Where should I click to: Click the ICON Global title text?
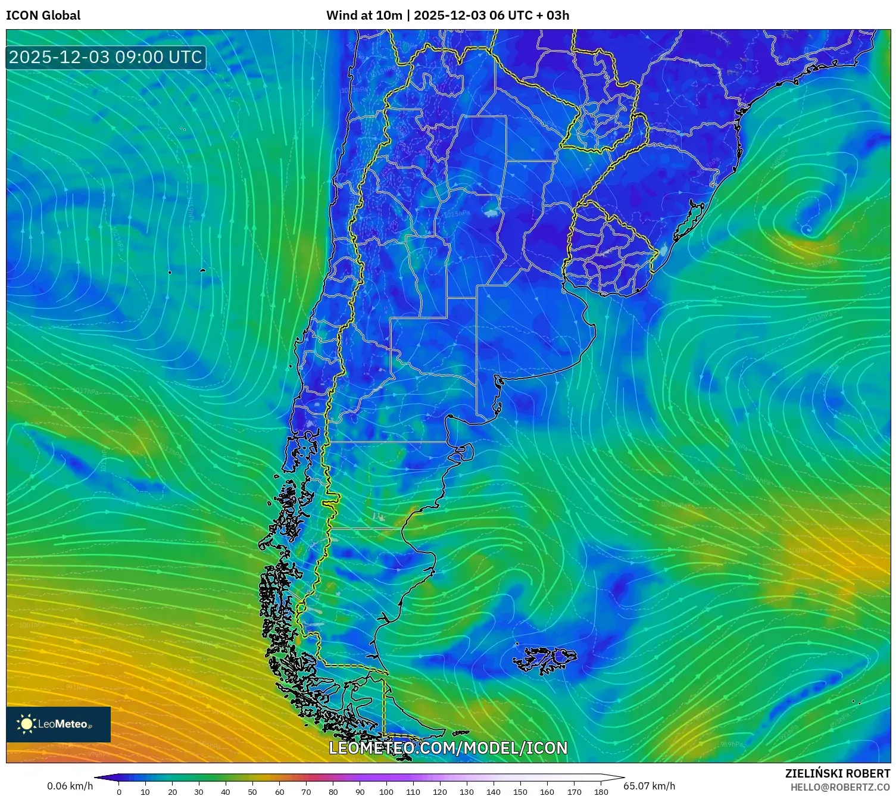coord(43,15)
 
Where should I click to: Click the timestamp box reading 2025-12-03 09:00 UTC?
coord(106,57)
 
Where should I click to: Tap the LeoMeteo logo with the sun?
coord(58,724)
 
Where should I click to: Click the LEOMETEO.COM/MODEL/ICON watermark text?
coord(448,748)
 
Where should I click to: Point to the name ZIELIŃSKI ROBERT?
coord(837,773)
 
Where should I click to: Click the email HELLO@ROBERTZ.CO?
coord(839,787)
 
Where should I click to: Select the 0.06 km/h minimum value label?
coord(70,786)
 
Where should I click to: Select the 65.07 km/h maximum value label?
coord(649,786)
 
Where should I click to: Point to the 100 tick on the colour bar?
coord(386,792)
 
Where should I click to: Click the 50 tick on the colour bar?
coord(252,792)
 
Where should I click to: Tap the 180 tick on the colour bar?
coord(601,792)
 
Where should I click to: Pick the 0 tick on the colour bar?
coord(119,792)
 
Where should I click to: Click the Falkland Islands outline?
coord(545,660)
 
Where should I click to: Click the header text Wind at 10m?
coord(364,15)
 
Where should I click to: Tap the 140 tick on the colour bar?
coord(494,792)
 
